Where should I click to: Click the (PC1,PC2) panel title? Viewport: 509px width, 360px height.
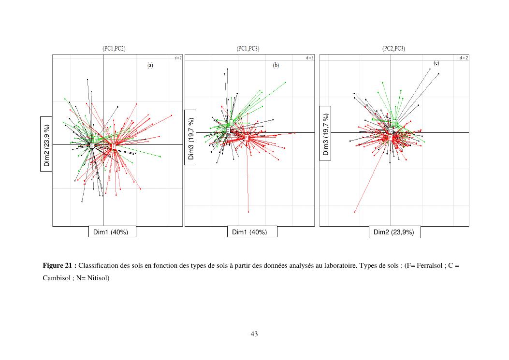[x=114, y=49]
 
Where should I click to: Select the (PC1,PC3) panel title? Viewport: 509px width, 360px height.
[x=248, y=49]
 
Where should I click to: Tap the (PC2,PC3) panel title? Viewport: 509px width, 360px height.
[x=393, y=49]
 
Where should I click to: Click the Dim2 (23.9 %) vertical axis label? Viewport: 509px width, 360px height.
[x=46, y=144]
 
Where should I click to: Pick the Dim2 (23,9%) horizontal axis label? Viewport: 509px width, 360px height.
[x=394, y=232]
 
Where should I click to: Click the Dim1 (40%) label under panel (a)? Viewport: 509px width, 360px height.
[x=111, y=232]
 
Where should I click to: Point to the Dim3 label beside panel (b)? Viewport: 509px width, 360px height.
[x=190, y=137]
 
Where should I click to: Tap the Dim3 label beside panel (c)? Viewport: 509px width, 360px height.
[x=325, y=133]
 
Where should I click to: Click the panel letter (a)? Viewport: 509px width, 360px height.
[x=150, y=65]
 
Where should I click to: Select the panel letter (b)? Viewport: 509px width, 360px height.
[x=276, y=65]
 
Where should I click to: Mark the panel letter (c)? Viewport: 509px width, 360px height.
[x=436, y=63]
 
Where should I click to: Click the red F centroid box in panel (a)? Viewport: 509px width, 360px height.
[x=114, y=145]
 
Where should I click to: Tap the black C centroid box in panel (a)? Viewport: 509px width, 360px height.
[x=92, y=145]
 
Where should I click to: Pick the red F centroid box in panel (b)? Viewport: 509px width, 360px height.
[x=246, y=138]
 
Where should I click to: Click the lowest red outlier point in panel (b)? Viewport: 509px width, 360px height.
[x=248, y=212]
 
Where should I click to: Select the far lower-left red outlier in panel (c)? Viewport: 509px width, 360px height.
[x=355, y=212]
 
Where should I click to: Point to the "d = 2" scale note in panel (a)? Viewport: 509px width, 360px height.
[x=178, y=58]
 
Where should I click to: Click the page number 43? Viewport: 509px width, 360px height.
[x=254, y=334]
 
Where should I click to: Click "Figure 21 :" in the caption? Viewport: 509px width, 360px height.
[x=59, y=266]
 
